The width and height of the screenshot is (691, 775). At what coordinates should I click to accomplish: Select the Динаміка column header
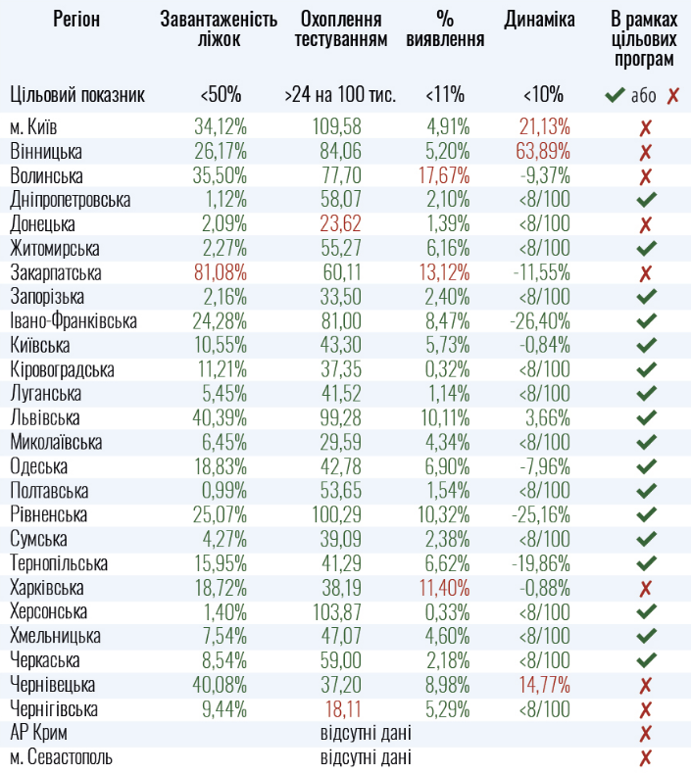coord(539,21)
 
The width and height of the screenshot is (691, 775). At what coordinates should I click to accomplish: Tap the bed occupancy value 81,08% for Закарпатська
coord(221,273)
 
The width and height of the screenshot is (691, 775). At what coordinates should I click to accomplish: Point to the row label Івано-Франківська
coord(74,321)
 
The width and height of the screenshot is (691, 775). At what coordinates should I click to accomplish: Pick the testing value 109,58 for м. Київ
coord(337,127)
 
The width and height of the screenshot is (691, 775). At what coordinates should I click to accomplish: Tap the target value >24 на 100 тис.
coord(340,95)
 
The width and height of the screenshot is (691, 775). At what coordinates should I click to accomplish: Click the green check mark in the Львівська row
coord(645,418)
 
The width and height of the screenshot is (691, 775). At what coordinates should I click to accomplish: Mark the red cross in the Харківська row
coord(645,588)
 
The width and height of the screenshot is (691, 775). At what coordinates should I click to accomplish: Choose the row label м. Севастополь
coord(61,757)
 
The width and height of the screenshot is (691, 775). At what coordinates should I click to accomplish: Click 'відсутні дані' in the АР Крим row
coord(366,733)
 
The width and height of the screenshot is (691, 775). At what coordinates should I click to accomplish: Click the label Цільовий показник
coord(77,95)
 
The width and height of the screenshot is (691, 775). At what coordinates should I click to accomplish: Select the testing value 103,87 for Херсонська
coord(337,611)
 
